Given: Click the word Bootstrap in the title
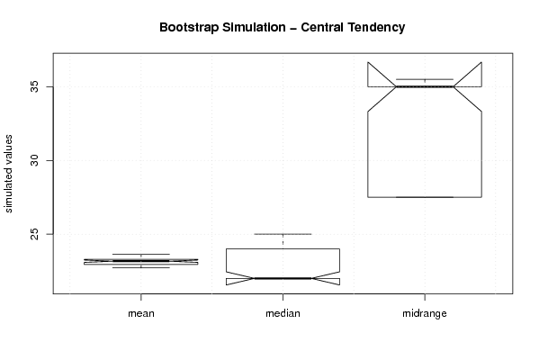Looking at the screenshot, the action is tap(188, 28).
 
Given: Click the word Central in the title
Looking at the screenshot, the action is tap(322, 27).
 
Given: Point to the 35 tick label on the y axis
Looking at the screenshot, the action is tap(35, 86).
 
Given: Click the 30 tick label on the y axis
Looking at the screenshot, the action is tap(35, 160).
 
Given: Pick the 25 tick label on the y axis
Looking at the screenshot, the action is tap(35, 234).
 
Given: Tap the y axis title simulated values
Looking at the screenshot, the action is tap(8, 174).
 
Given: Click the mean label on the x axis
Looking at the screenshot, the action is tap(141, 313).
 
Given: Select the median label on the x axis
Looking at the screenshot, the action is tap(283, 313).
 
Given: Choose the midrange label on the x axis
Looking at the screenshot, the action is tap(425, 313).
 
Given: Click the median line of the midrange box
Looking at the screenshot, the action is tap(425, 86).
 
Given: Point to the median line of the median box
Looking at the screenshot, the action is tap(283, 278).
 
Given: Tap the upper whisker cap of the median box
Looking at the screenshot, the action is tap(283, 234).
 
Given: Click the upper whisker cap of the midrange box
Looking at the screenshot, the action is tap(425, 79).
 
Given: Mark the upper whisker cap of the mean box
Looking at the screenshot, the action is tap(141, 254).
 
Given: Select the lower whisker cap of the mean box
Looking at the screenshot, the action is tap(141, 267).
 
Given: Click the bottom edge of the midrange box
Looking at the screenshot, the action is tap(425, 197).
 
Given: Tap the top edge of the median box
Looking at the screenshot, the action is tap(283, 248).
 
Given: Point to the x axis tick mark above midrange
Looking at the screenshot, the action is tap(425, 297).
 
